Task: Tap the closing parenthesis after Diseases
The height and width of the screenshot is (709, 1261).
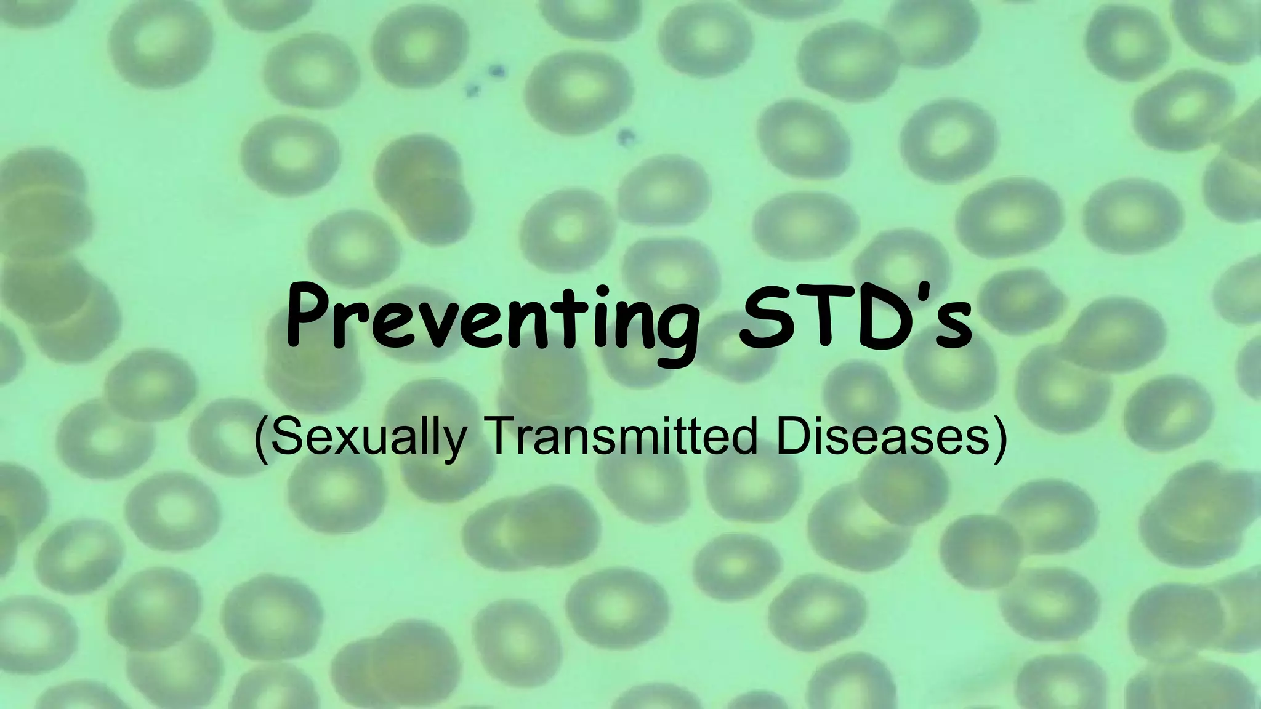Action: coord(999,438)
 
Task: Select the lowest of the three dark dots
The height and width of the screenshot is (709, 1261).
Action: coord(627,135)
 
